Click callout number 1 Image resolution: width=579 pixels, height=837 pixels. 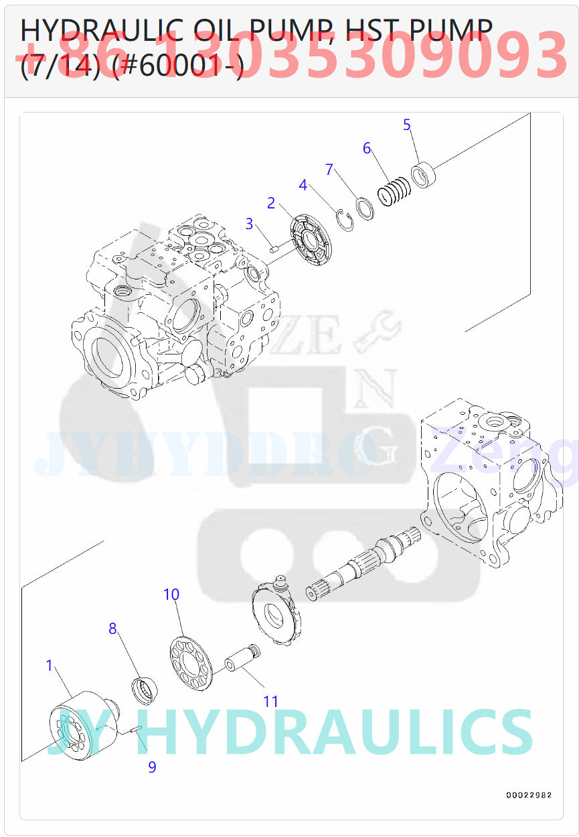click(x=49, y=665)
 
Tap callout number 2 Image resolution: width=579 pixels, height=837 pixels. click(x=271, y=203)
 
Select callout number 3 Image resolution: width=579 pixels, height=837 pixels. click(x=249, y=224)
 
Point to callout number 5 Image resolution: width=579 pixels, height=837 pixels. click(x=407, y=125)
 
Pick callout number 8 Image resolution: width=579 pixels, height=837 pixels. click(x=112, y=629)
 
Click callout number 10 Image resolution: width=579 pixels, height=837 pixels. click(x=171, y=594)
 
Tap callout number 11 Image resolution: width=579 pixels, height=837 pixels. click(x=270, y=702)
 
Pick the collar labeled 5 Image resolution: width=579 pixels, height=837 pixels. click(x=423, y=174)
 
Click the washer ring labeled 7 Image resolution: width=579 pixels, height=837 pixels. click(x=365, y=208)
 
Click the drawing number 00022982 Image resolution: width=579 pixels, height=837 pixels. click(x=529, y=795)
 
